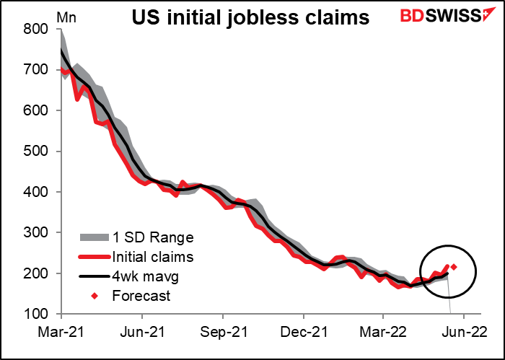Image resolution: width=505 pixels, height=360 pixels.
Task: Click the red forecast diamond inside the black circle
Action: (x=454, y=267)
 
